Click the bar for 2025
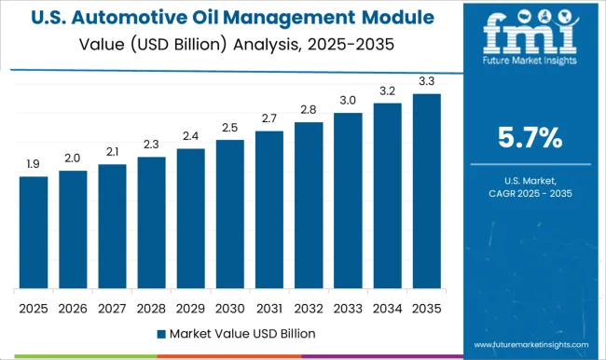click(x=34, y=232)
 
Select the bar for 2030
click(x=230, y=214)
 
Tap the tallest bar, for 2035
click(x=427, y=190)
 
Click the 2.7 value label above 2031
click(x=269, y=118)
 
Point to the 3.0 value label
click(x=348, y=100)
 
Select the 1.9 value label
click(x=34, y=163)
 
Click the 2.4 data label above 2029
click(x=190, y=136)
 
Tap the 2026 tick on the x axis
click(x=73, y=307)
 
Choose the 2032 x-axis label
click(x=309, y=307)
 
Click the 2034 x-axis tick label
click(x=388, y=307)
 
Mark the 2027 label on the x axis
click(x=112, y=307)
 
